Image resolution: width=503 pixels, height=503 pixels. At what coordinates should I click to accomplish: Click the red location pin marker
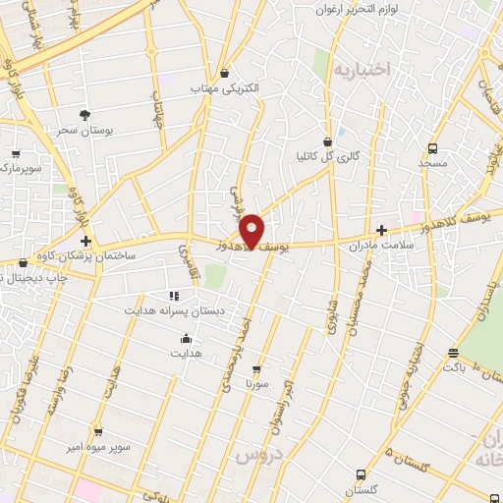(252, 231)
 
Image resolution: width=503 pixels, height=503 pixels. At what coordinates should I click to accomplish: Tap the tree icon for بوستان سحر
(84, 114)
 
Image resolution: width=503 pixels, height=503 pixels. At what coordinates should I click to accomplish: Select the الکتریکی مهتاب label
(226, 87)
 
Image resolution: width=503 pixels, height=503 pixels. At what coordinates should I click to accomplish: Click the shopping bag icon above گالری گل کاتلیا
(328, 140)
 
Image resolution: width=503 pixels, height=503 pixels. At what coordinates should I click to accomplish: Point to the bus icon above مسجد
(432, 148)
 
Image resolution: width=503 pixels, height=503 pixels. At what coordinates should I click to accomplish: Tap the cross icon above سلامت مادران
(381, 229)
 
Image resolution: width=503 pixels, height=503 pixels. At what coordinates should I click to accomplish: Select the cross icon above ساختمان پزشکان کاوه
(86, 241)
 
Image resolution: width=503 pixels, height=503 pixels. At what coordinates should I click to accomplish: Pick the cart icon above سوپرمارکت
(16, 154)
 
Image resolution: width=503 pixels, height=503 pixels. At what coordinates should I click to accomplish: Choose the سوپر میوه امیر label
(97, 446)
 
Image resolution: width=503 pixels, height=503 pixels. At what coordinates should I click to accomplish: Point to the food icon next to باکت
(453, 353)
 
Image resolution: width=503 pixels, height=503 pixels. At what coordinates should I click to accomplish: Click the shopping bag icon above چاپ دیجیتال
(22, 263)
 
